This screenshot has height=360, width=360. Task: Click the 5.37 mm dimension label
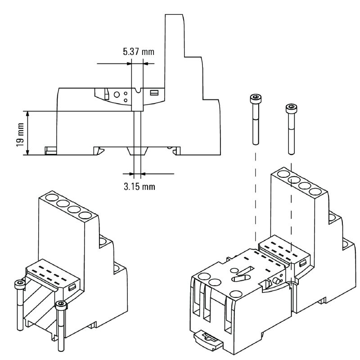point(138,52)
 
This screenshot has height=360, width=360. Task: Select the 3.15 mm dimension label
point(139,185)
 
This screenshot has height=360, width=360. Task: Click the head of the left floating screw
point(256,98)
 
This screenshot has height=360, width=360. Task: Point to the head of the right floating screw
point(291,108)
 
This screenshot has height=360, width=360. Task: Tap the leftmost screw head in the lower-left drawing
point(19,284)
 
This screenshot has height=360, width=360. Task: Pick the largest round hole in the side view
point(117,95)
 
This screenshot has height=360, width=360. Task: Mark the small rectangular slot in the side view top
point(154,93)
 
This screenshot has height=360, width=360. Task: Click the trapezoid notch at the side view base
point(135,151)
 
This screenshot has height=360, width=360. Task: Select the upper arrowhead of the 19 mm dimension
point(28,114)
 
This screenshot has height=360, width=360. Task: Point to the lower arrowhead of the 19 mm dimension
point(28,153)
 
